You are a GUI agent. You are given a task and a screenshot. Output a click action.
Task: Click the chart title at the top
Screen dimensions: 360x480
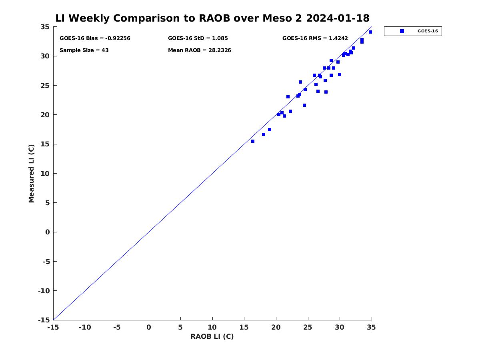coord(212,18)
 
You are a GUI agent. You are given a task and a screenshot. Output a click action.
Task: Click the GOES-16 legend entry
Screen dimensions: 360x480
coord(413,31)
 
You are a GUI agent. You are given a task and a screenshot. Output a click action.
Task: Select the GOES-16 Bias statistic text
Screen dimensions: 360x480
coord(95,38)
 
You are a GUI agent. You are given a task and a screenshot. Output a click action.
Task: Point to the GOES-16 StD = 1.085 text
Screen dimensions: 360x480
coord(198,38)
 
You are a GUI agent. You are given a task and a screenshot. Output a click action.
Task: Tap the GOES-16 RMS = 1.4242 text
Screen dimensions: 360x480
coord(315,38)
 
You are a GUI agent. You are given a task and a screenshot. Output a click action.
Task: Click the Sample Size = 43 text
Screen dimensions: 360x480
coord(84,50)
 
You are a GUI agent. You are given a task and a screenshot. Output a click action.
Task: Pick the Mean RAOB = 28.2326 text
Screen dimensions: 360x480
coord(199,50)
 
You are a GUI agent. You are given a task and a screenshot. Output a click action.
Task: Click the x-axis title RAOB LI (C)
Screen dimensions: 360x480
coord(212,336)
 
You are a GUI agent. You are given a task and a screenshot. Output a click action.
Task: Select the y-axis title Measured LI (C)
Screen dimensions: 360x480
coord(32,173)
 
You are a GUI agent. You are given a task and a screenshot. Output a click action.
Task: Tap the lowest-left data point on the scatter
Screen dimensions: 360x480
coord(253,141)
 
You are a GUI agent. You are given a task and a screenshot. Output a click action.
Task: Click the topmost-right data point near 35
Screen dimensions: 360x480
coord(370,32)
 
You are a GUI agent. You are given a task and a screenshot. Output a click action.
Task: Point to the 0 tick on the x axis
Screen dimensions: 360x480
coord(149,328)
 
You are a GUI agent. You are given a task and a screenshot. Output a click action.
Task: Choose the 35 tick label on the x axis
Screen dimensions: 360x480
coord(372,328)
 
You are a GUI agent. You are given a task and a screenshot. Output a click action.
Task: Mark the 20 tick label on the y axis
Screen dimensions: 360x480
coord(45,115)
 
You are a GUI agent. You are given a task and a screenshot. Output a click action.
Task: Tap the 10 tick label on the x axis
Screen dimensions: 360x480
coord(212,328)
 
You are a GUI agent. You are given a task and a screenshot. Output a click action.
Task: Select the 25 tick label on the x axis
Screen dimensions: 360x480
coord(308,328)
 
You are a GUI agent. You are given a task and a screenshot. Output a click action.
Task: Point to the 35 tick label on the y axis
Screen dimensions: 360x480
coord(45,27)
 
